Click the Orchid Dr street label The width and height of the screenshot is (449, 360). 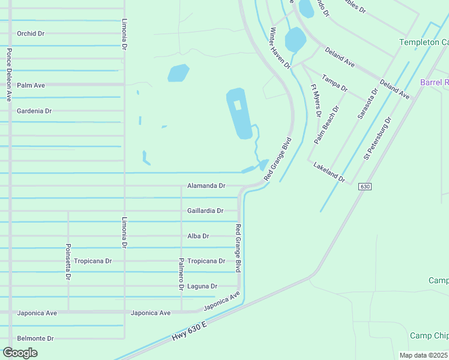(31, 34)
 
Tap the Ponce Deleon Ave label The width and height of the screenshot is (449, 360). (9, 74)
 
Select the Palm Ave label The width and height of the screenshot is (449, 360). (31, 85)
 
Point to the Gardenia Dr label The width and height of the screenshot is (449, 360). (34, 111)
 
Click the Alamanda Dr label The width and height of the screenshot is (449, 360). (206, 186)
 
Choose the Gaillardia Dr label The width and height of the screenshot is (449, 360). (205, 211)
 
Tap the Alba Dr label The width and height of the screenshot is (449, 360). (198, 236)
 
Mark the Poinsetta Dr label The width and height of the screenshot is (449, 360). (68, 262)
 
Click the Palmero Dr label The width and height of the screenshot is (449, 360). (181, 274)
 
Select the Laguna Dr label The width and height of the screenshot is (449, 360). (202, 286)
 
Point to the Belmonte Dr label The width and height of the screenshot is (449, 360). (35, 338)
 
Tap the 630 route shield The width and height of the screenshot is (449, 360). (364, 187)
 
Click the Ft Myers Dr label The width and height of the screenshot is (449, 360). (316, 100)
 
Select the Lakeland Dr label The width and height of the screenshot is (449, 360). (329, 171)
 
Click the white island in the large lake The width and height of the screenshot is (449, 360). (237, 105)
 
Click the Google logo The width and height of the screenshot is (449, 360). (20, 353)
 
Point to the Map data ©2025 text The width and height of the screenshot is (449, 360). (423, 355)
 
